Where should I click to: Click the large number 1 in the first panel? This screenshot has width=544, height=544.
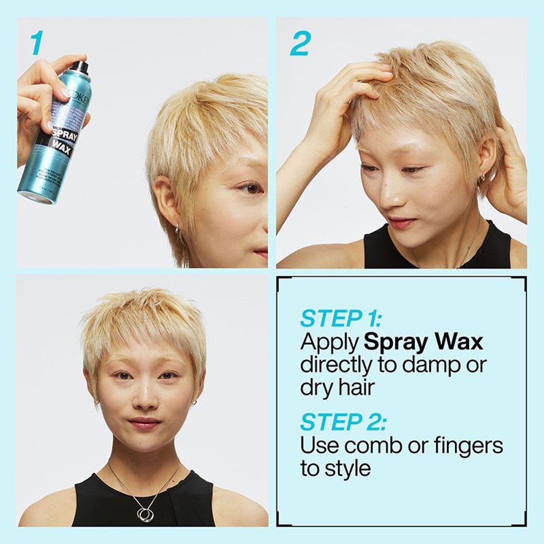(36, 44)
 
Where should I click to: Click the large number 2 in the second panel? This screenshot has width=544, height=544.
(299, 44)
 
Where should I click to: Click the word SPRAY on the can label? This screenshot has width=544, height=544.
(65, 135)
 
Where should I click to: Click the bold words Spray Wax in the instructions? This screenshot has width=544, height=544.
(423, 342)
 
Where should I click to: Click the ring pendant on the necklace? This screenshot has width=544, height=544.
(145, 513)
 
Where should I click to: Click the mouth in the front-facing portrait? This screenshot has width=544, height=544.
(144, 423)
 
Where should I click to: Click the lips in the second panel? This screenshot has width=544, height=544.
(401, 222)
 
